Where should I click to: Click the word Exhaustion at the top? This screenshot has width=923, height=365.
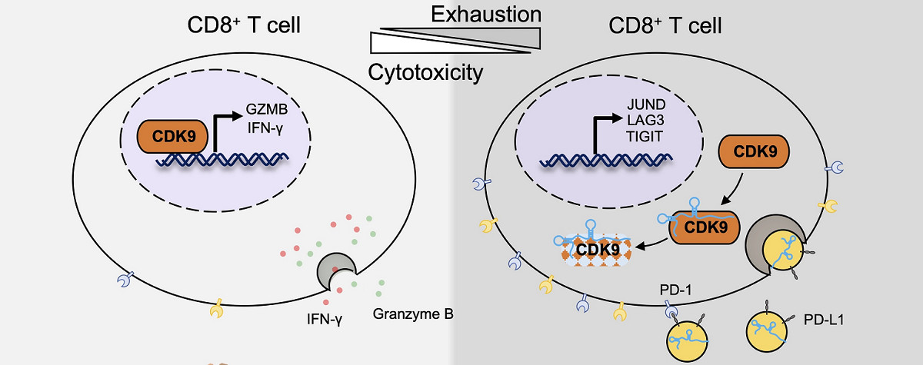[485, 14]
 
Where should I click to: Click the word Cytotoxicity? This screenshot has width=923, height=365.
[425, 73]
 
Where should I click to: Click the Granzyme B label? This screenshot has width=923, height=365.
[413, 314]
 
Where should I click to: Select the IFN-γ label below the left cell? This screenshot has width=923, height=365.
[321, 316]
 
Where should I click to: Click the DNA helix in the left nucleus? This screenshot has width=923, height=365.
[223, 160]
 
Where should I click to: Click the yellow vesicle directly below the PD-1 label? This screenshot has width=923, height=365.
[687, 340]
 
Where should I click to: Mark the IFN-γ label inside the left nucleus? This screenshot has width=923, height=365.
[265, 124]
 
